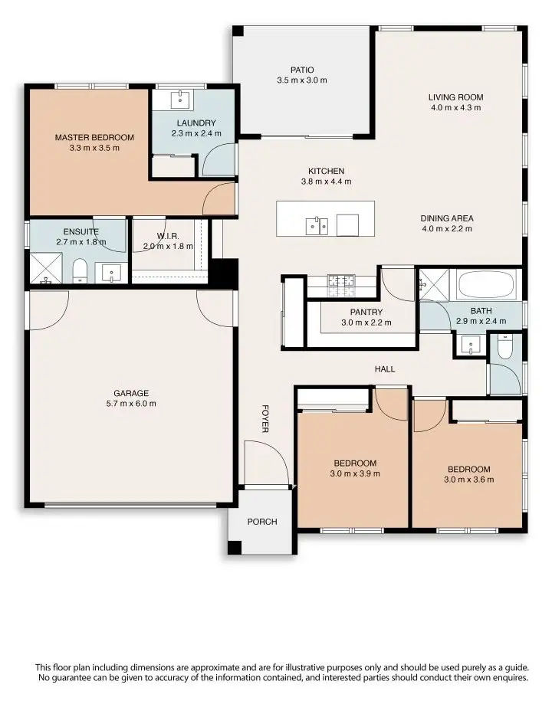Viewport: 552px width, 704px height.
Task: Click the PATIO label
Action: click(x=302, y=70)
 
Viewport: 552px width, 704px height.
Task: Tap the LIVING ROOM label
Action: click(x=455, y=97)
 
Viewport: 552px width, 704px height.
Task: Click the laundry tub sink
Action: click(x=182, y=100)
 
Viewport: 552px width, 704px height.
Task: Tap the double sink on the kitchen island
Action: click(x=317, y=225)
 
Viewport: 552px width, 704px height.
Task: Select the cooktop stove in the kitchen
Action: click(x=342, y=285)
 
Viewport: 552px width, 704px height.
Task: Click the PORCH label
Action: click(x=261, y=522)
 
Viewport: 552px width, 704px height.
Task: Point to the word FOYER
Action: click(x=265, y=418)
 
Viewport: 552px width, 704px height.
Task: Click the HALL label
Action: click(x=385, y=369)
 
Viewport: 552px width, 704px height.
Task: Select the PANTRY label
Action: click(x=366, y=313)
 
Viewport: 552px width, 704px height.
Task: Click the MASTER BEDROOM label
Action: click(x=94, y=138)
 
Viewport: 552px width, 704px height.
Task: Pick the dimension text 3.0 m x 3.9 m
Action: click(x=355, y=473)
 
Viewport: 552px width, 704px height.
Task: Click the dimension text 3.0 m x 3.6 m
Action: click(x=468, y=480)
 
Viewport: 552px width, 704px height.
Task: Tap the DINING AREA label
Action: click(x=446, y=218)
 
